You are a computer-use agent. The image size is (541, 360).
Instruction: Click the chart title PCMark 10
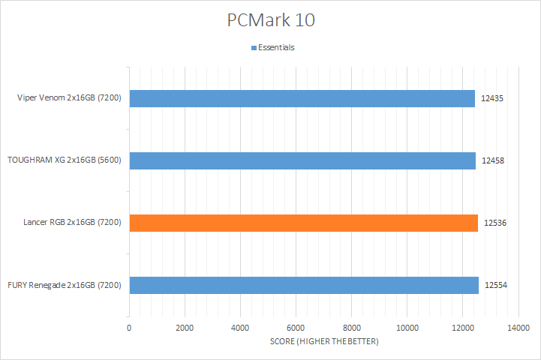[271, 20]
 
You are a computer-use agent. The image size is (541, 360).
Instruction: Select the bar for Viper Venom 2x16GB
[302, 98]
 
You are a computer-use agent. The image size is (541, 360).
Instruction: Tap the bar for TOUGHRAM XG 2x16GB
[302, 160]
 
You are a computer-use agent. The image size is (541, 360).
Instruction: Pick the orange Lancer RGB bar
[303, 223]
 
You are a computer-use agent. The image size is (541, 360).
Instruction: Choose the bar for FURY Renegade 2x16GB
[304, 285]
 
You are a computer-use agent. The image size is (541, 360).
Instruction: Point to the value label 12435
[492, 98]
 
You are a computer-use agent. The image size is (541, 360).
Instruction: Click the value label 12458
[493, 160]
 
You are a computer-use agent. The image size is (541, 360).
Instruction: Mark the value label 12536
[495, 223]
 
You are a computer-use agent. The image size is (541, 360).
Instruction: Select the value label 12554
[495, 285]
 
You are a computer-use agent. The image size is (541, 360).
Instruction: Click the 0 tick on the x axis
[129, 328]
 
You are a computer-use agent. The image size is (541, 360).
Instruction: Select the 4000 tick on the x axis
[240, 328]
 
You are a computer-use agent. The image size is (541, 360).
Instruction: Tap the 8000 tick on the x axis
[351, 328]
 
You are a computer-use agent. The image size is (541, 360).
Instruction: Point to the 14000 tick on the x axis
[518, 328]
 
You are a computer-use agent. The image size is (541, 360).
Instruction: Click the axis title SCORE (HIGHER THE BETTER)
[323, 342]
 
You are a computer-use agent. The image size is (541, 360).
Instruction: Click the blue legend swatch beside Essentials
[254, 48]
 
